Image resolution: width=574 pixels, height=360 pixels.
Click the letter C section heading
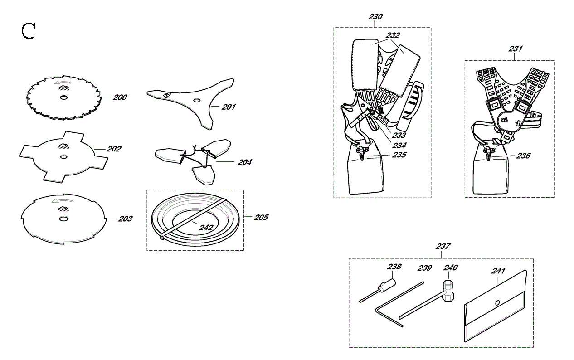28,31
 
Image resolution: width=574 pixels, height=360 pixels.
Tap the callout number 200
120,97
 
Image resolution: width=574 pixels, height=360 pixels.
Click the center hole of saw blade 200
63,97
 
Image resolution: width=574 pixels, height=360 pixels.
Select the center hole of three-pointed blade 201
196,100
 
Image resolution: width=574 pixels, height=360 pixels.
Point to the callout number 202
114,149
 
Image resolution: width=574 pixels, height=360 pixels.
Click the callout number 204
244,162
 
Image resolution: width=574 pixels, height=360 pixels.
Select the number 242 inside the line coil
206,228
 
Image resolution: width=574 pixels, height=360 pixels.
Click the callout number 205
261,217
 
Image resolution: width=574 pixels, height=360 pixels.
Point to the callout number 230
375,17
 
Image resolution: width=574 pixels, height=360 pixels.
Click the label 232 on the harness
393,35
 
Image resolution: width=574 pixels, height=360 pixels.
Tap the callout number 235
399,155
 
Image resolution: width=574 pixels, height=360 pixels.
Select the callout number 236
523,156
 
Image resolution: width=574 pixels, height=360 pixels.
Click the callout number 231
515,49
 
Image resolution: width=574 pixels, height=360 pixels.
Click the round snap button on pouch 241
497,303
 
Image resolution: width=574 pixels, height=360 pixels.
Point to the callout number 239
425,268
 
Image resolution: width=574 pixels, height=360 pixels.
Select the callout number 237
443,246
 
